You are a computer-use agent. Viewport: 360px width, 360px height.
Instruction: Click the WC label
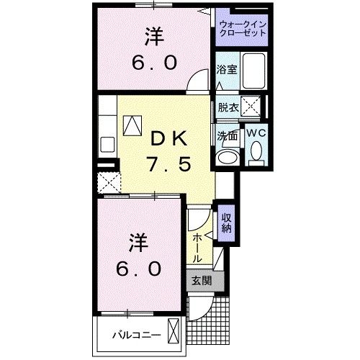256,133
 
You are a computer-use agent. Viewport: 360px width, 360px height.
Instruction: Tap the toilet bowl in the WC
256,152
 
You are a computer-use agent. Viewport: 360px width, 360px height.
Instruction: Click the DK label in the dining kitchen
167,136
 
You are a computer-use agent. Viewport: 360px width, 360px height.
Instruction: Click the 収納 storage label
226,224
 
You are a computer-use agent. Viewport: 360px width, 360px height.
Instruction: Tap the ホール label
197,247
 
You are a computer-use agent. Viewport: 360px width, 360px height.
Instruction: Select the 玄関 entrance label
201,281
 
